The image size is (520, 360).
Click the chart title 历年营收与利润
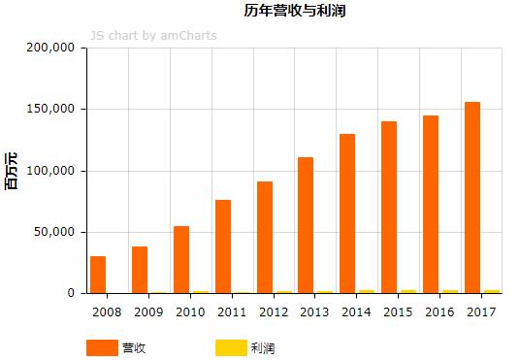295,12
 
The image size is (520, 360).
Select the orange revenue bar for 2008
98,275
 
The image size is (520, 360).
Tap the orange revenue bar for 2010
181,260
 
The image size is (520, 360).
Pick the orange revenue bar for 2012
265,238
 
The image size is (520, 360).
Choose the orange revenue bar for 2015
389,208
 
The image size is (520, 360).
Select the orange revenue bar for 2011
223,246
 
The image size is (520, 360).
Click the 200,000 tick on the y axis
53,48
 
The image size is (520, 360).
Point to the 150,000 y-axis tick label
53,109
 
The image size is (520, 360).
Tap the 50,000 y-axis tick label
56,232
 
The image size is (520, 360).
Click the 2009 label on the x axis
148,312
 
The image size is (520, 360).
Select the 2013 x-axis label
315,312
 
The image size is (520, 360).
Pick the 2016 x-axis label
439,312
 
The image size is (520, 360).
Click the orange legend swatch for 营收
101,347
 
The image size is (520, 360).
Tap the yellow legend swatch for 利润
229,347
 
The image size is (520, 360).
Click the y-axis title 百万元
12,171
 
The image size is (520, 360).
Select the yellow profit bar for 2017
492,291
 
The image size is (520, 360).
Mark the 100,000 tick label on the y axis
53,171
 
